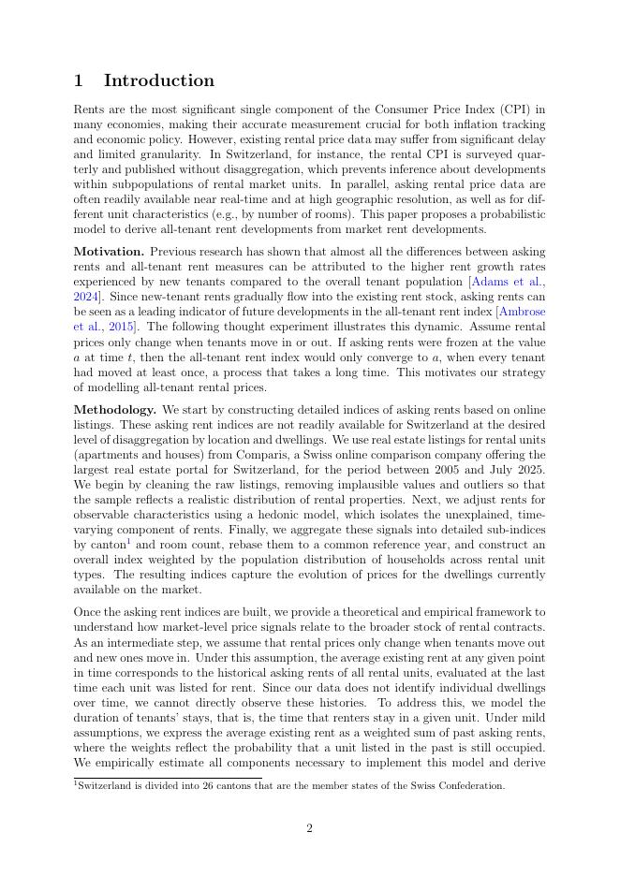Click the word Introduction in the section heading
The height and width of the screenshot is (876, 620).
(159, 80)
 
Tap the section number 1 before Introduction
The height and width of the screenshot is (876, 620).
(80, 80)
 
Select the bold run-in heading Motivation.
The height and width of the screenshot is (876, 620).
(109, 252)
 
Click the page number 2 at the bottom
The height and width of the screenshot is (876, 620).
(309, 828)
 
